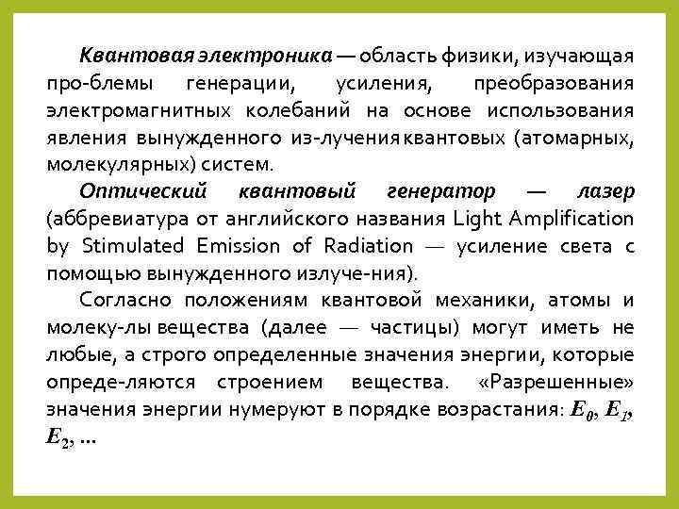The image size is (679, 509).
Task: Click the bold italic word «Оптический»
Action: tap(142, 191)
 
